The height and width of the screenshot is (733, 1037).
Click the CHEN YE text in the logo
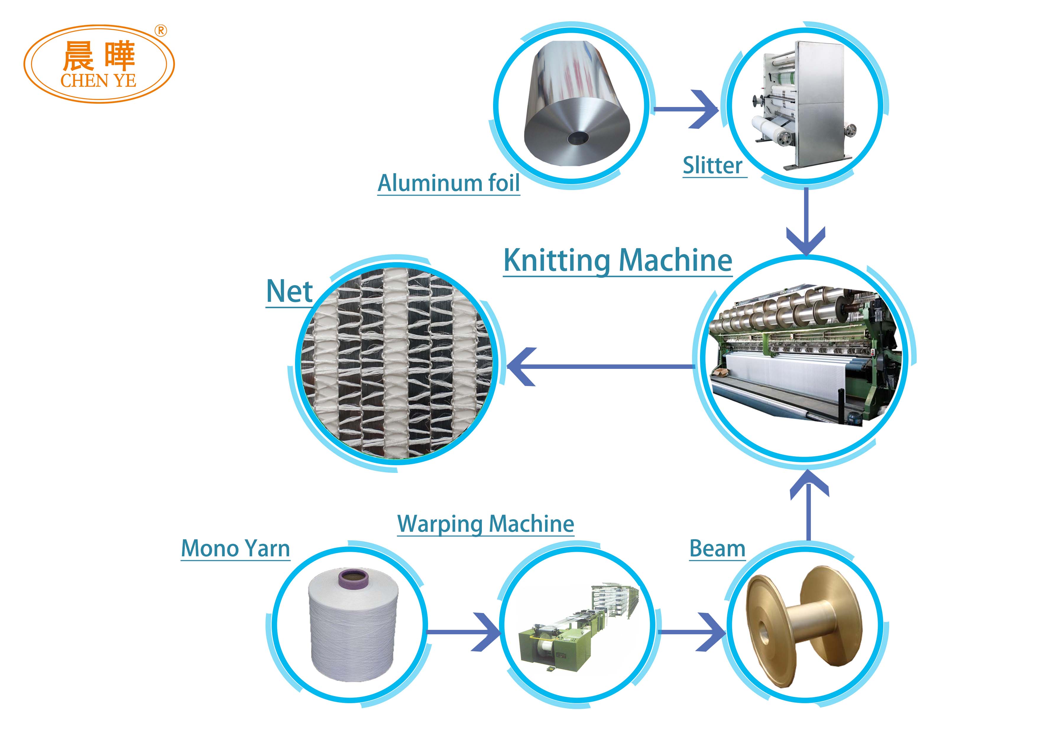[x=98, y=81]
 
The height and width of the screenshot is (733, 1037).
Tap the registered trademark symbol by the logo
[x=161, y=31]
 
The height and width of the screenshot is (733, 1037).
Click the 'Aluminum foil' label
[x=448, y=183]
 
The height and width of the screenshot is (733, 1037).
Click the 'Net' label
[x=289, y=291]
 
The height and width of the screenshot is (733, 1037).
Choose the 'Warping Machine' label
[x=485, y=524]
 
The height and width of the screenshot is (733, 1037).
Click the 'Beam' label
[x=717, y=549]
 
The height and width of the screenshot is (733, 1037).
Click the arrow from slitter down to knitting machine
[x=806, y=222]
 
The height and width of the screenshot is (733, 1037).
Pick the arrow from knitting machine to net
[x=601, y=366]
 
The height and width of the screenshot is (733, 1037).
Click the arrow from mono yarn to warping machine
[x=464, y=631]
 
